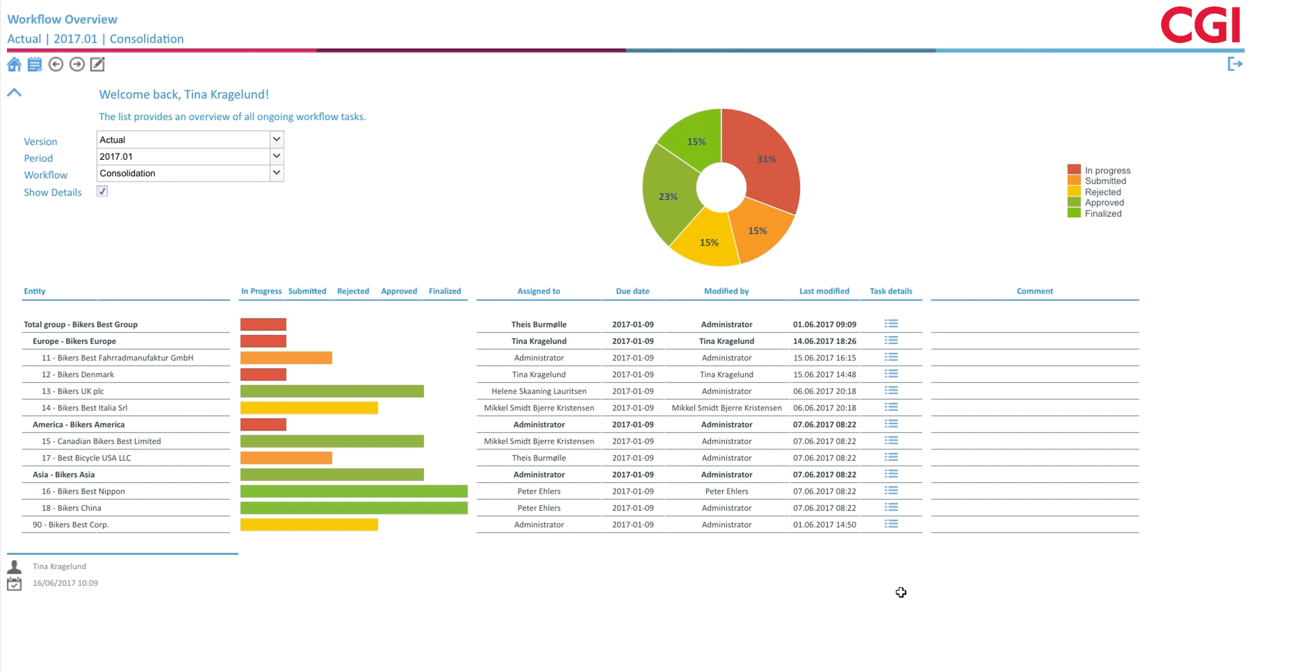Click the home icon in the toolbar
[14, 65]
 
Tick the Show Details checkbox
[102, 192]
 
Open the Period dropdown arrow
[277, 156]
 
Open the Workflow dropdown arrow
[277, 173]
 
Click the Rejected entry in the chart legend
[1102, 192]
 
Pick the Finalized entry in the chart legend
[1102, 214]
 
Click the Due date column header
[632, 291]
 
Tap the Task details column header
[890, 291]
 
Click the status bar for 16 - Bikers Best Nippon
[354, 491]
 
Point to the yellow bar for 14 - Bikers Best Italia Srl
[309, 408]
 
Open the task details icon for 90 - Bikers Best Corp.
[891, 524]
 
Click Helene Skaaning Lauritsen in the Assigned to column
[539, 391]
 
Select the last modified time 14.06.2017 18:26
[824, 341]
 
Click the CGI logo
[1200, 25]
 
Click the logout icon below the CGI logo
[1235, 64]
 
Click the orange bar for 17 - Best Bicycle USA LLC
[286, 458]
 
